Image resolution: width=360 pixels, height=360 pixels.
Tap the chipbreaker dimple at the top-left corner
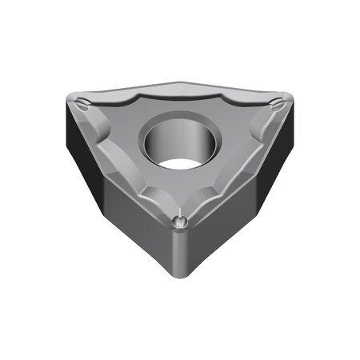click(x=85, y=102)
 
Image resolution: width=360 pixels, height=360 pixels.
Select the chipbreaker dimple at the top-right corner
click(x=275, y=102)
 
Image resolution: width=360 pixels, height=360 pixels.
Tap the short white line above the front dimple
click(x=182, y=211)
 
